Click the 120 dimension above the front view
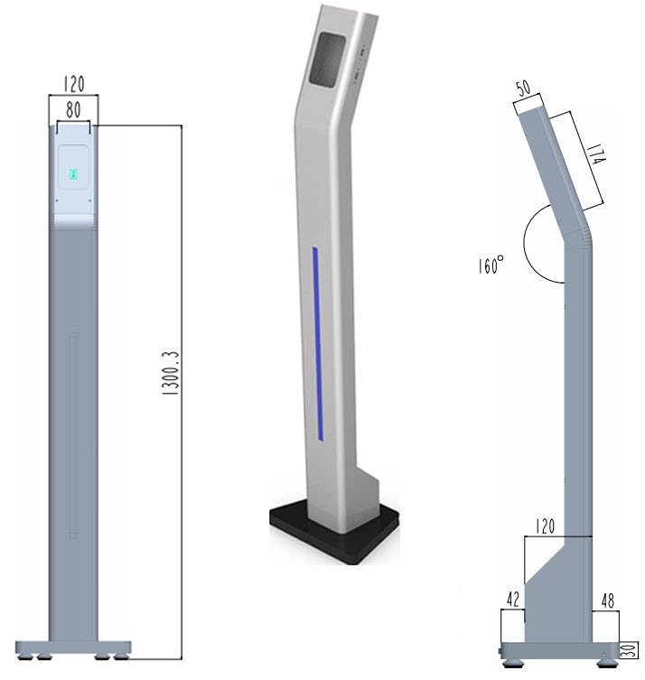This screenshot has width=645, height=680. click(x=73, y=86)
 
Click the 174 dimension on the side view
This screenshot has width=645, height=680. click(x=596, y=163)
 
